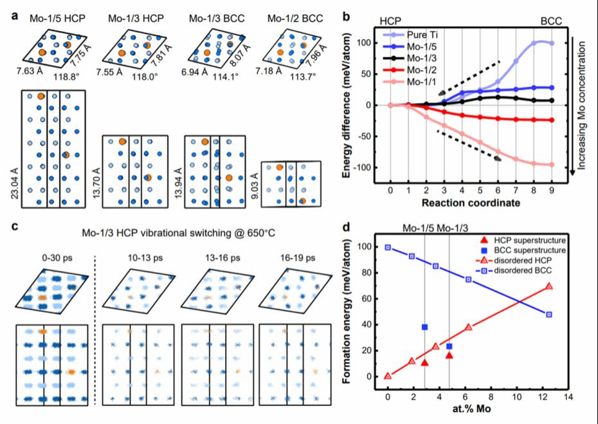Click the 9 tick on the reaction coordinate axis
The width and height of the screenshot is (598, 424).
[x=551, y=190]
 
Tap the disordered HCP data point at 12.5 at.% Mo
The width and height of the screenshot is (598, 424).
[x=548, y=286]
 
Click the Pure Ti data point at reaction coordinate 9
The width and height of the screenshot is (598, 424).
[x=551, y=43]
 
